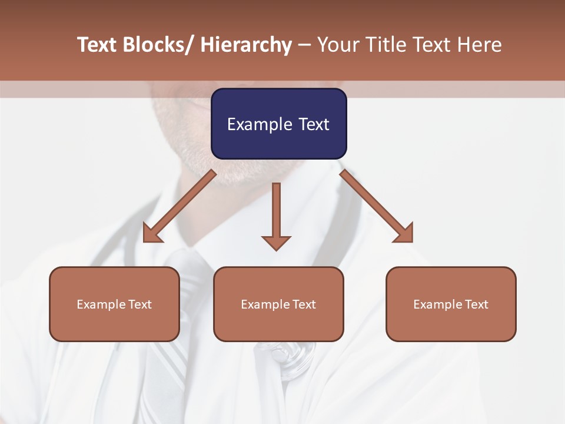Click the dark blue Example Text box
pyautogui.click(x=278, y=124)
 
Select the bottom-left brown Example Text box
pyautogui.click(x=114, y=304)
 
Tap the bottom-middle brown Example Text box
pyautogui.click(x=278, y=304)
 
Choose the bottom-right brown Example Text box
pyautogui.click(x=451, y=304)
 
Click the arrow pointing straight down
pyautogui.click(x=276, y=216)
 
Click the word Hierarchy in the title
pyautogui.click(x=246, y=45)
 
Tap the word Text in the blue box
pyautogui.click(x=313, y=124)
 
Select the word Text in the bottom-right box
pyautogui.click(x=477, y=304)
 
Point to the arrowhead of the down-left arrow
pyautogui.click(x=152, y=233)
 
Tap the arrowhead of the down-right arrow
pyautogui.click(x=404, y=233)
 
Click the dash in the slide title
pyautogui.click(x=304, y=45)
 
